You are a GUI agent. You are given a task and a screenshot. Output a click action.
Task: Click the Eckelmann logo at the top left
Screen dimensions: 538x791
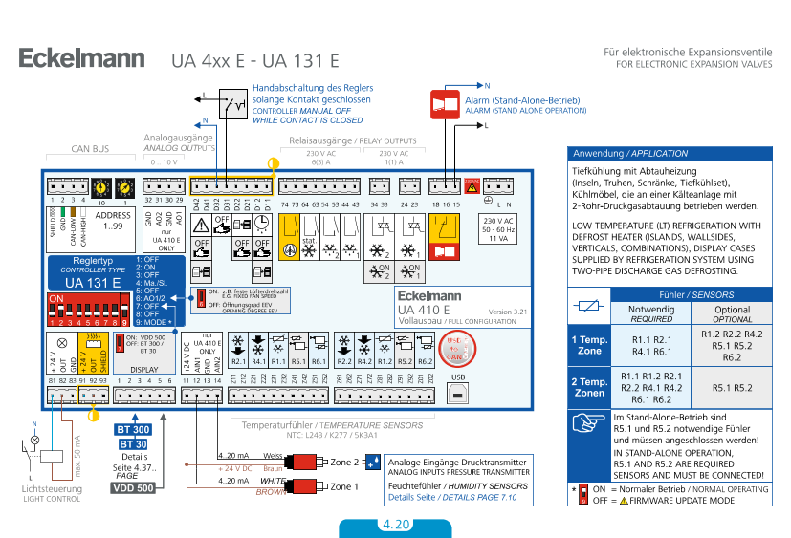tap(82, 59)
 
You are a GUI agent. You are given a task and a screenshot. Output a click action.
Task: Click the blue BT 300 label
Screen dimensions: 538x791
tap(133, 429)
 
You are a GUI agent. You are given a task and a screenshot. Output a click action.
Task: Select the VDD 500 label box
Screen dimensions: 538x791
tap(133, 488)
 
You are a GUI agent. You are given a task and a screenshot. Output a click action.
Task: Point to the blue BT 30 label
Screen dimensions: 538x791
tap(133, 444)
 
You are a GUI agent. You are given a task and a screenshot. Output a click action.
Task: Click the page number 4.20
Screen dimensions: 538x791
tap(395, 525)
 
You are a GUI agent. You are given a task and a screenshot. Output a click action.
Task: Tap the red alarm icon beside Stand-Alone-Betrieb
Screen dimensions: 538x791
tap(445, 103)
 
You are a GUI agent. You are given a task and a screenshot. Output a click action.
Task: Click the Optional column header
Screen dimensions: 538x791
tap(732, 314)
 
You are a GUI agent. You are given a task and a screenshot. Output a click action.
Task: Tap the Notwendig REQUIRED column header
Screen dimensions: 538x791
tap(651, 314)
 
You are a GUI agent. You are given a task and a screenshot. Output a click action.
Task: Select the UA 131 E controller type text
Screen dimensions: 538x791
tap(92, 283)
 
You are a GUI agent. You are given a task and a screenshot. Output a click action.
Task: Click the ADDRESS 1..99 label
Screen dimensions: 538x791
tap(114, 221)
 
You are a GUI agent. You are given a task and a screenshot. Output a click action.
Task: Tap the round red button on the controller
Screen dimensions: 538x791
tap(458, 345)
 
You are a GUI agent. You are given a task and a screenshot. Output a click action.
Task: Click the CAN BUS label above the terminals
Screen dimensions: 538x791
tap(91, 150)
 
